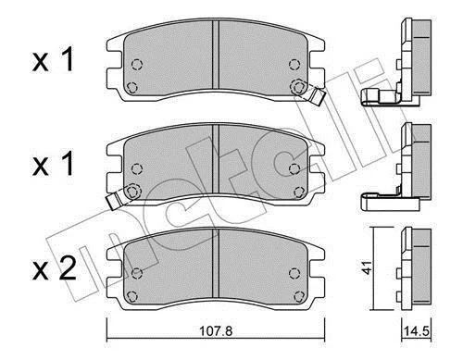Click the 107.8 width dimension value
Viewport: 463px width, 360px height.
pyautogui.click(x=216, y=331)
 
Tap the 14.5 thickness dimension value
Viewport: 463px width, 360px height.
pyautogui.click(x=417, y=331)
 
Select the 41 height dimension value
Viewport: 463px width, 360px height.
pyautogui.click(x=367, y=267)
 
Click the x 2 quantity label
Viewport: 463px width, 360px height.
pyautogui.click(x=55, y=268)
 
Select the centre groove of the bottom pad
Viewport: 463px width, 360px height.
pyautogui.click(x=216, y=263)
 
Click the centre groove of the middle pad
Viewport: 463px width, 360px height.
pyautogui.click(x=216, y=158)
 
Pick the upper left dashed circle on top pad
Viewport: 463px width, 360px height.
pyautogui.click(x=137, y=65)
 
